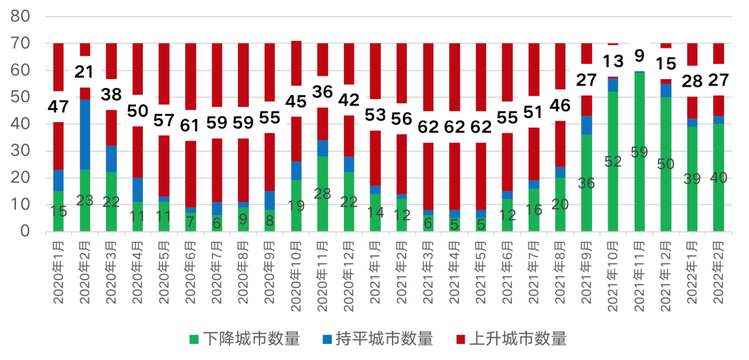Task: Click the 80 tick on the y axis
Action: coord(20,17)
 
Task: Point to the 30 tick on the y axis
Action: coord(20,151)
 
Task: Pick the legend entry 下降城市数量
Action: coord(245,338)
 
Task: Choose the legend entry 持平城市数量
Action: coord(377,338)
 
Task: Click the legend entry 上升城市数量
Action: coord(510,338)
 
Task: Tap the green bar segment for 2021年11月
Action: coord(639,152)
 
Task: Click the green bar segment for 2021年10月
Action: coord(612,162)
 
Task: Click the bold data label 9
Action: coord(639,55)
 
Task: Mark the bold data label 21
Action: coord(85,71)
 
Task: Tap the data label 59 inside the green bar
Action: coord(639,153)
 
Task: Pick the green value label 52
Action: coord(612,162)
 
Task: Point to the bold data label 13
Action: coord(612,61)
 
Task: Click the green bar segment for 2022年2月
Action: coord(718,178)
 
